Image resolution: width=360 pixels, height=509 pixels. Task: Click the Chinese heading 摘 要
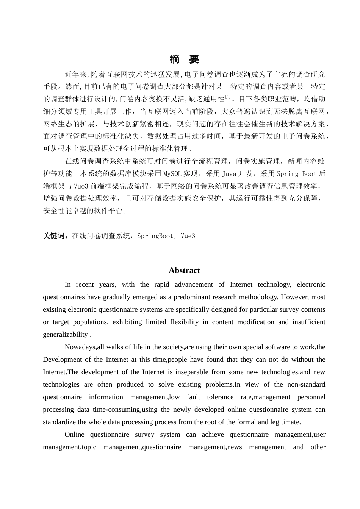click(x=184, y=59)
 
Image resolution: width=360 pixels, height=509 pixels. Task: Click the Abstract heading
click(x=184, y=270)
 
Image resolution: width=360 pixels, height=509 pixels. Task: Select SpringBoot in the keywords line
click(x=155, y=236)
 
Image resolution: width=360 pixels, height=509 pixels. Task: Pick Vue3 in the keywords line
click(x=188, y=236)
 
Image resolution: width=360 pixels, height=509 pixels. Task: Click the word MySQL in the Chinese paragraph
click(x=173, y=174)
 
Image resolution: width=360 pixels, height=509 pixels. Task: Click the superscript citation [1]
click(x=228, y=98)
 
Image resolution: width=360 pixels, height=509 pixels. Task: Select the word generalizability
click(x=65, y=334)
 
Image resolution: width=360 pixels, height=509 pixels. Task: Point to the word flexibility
click(x=184, y=322)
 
